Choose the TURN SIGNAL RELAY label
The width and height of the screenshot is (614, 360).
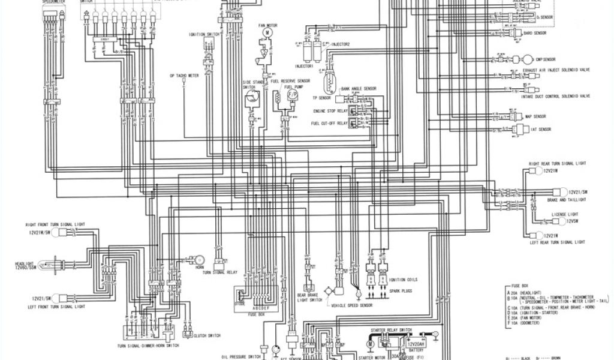(221, 272)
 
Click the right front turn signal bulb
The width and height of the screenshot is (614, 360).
(55, 232)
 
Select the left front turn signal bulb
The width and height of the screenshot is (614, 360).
(55, 298)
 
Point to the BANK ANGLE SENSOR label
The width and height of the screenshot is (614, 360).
(358, 88)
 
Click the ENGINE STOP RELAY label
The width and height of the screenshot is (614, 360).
(330, 111)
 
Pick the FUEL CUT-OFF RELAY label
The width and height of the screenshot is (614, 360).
(329, 123)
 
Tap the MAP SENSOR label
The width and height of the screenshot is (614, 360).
(535, 116)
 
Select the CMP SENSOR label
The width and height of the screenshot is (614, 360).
(546, 60)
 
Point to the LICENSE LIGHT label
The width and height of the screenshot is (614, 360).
(565, 214)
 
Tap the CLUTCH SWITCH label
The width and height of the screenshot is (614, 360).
(209, 335)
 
